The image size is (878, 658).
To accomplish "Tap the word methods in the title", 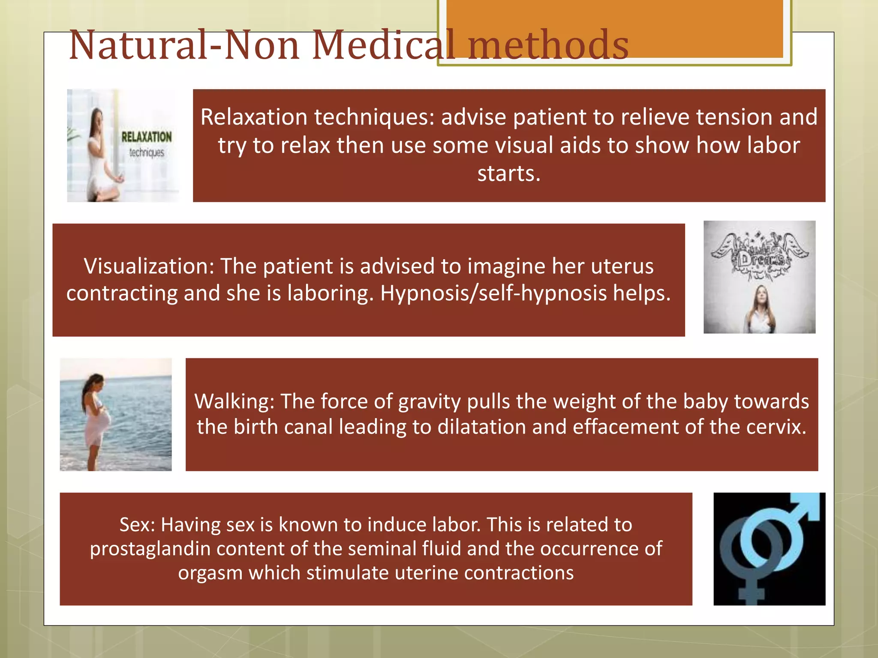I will click(x=549, y=45).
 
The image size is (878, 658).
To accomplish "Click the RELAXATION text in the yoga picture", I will click(x=146, y=137).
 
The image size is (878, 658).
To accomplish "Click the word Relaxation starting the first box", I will click(x=254, y=117).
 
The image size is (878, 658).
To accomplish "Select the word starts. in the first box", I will click(x=509, y=173).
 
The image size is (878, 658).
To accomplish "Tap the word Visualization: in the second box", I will click(x=149, y=266).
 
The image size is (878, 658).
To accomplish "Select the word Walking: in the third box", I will click(x=234, y=401).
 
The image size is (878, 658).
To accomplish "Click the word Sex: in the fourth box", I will click(x=137, y=524).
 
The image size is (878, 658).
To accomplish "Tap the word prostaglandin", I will click(x=150, y=549).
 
